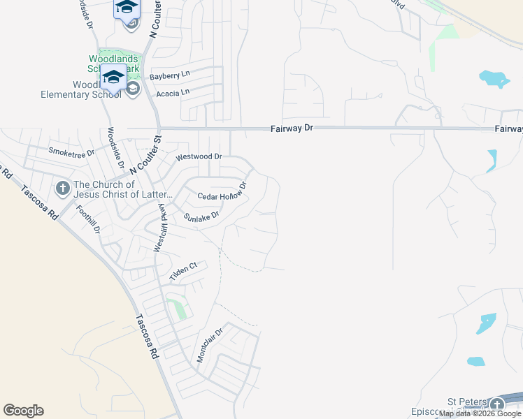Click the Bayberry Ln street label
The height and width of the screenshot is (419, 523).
[x=169, y=75]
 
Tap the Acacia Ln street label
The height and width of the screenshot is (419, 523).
[x=173, y=92]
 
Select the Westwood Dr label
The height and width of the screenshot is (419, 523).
[x=199, y=157]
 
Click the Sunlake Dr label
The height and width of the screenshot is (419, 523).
[x=201, y=217]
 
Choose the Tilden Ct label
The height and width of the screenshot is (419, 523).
[x=184, y=270]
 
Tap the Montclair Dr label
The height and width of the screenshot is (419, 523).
[x=209, y=344]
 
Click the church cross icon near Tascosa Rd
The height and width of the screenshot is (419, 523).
[x=62, y=189]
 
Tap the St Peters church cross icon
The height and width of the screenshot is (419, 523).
[x=496, y=404]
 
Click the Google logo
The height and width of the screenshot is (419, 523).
[x=23, y=411]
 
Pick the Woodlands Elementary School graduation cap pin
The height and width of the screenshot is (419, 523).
[x=113, y=78]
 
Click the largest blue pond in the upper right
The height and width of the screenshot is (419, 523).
[x=494, y=78]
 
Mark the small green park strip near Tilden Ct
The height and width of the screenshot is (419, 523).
[x=178, y=307]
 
